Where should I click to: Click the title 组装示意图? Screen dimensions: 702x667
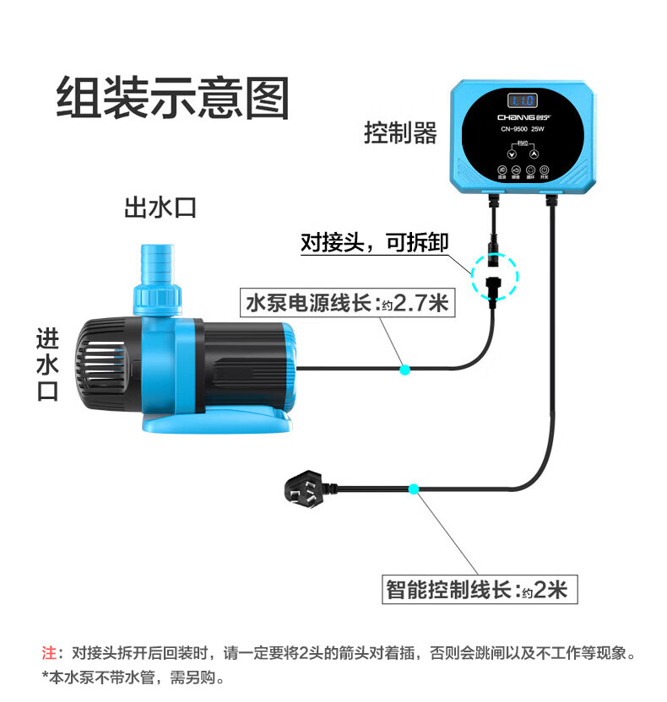[173, 98]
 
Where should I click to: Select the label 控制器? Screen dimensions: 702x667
[401, 132]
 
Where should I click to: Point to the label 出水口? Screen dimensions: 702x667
[160, 207]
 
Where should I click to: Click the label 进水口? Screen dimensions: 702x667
[47, 365]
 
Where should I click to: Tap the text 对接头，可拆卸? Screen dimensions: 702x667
[374, 242]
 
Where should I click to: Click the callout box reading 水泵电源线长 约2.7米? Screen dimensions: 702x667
[347, 303]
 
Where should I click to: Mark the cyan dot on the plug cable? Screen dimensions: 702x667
[413, 489]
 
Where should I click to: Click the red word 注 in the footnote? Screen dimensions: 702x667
[48, 652]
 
